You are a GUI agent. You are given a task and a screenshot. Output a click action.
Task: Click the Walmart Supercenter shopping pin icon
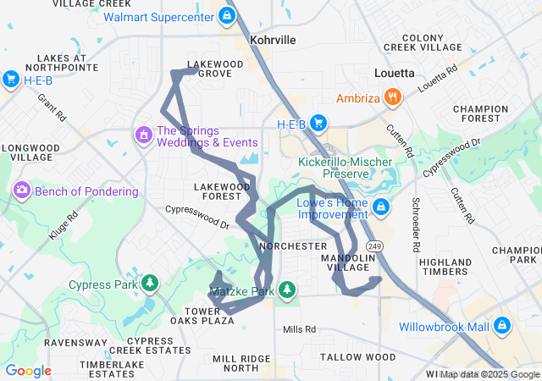point(226,15)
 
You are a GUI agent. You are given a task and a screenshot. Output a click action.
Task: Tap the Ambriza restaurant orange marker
point(391,98)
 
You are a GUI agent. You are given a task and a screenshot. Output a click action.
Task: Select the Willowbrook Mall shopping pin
point(501,325)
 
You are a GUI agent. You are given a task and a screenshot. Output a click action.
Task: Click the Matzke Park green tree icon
point(287,291)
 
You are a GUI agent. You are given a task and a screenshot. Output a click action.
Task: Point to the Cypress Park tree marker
point(150,283)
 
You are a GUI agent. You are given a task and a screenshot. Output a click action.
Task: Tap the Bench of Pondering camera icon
point(21,190)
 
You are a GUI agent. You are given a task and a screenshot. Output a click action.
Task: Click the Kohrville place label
point(273,40)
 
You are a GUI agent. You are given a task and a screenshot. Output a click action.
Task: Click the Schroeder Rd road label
point(416,226)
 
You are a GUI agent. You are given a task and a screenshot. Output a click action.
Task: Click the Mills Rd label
point(299,329)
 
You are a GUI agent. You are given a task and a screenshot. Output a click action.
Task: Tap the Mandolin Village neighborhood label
point(348,262)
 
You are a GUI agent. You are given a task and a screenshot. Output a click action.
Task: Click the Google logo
point(28,371)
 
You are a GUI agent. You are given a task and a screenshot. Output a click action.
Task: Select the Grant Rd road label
point(52,107)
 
